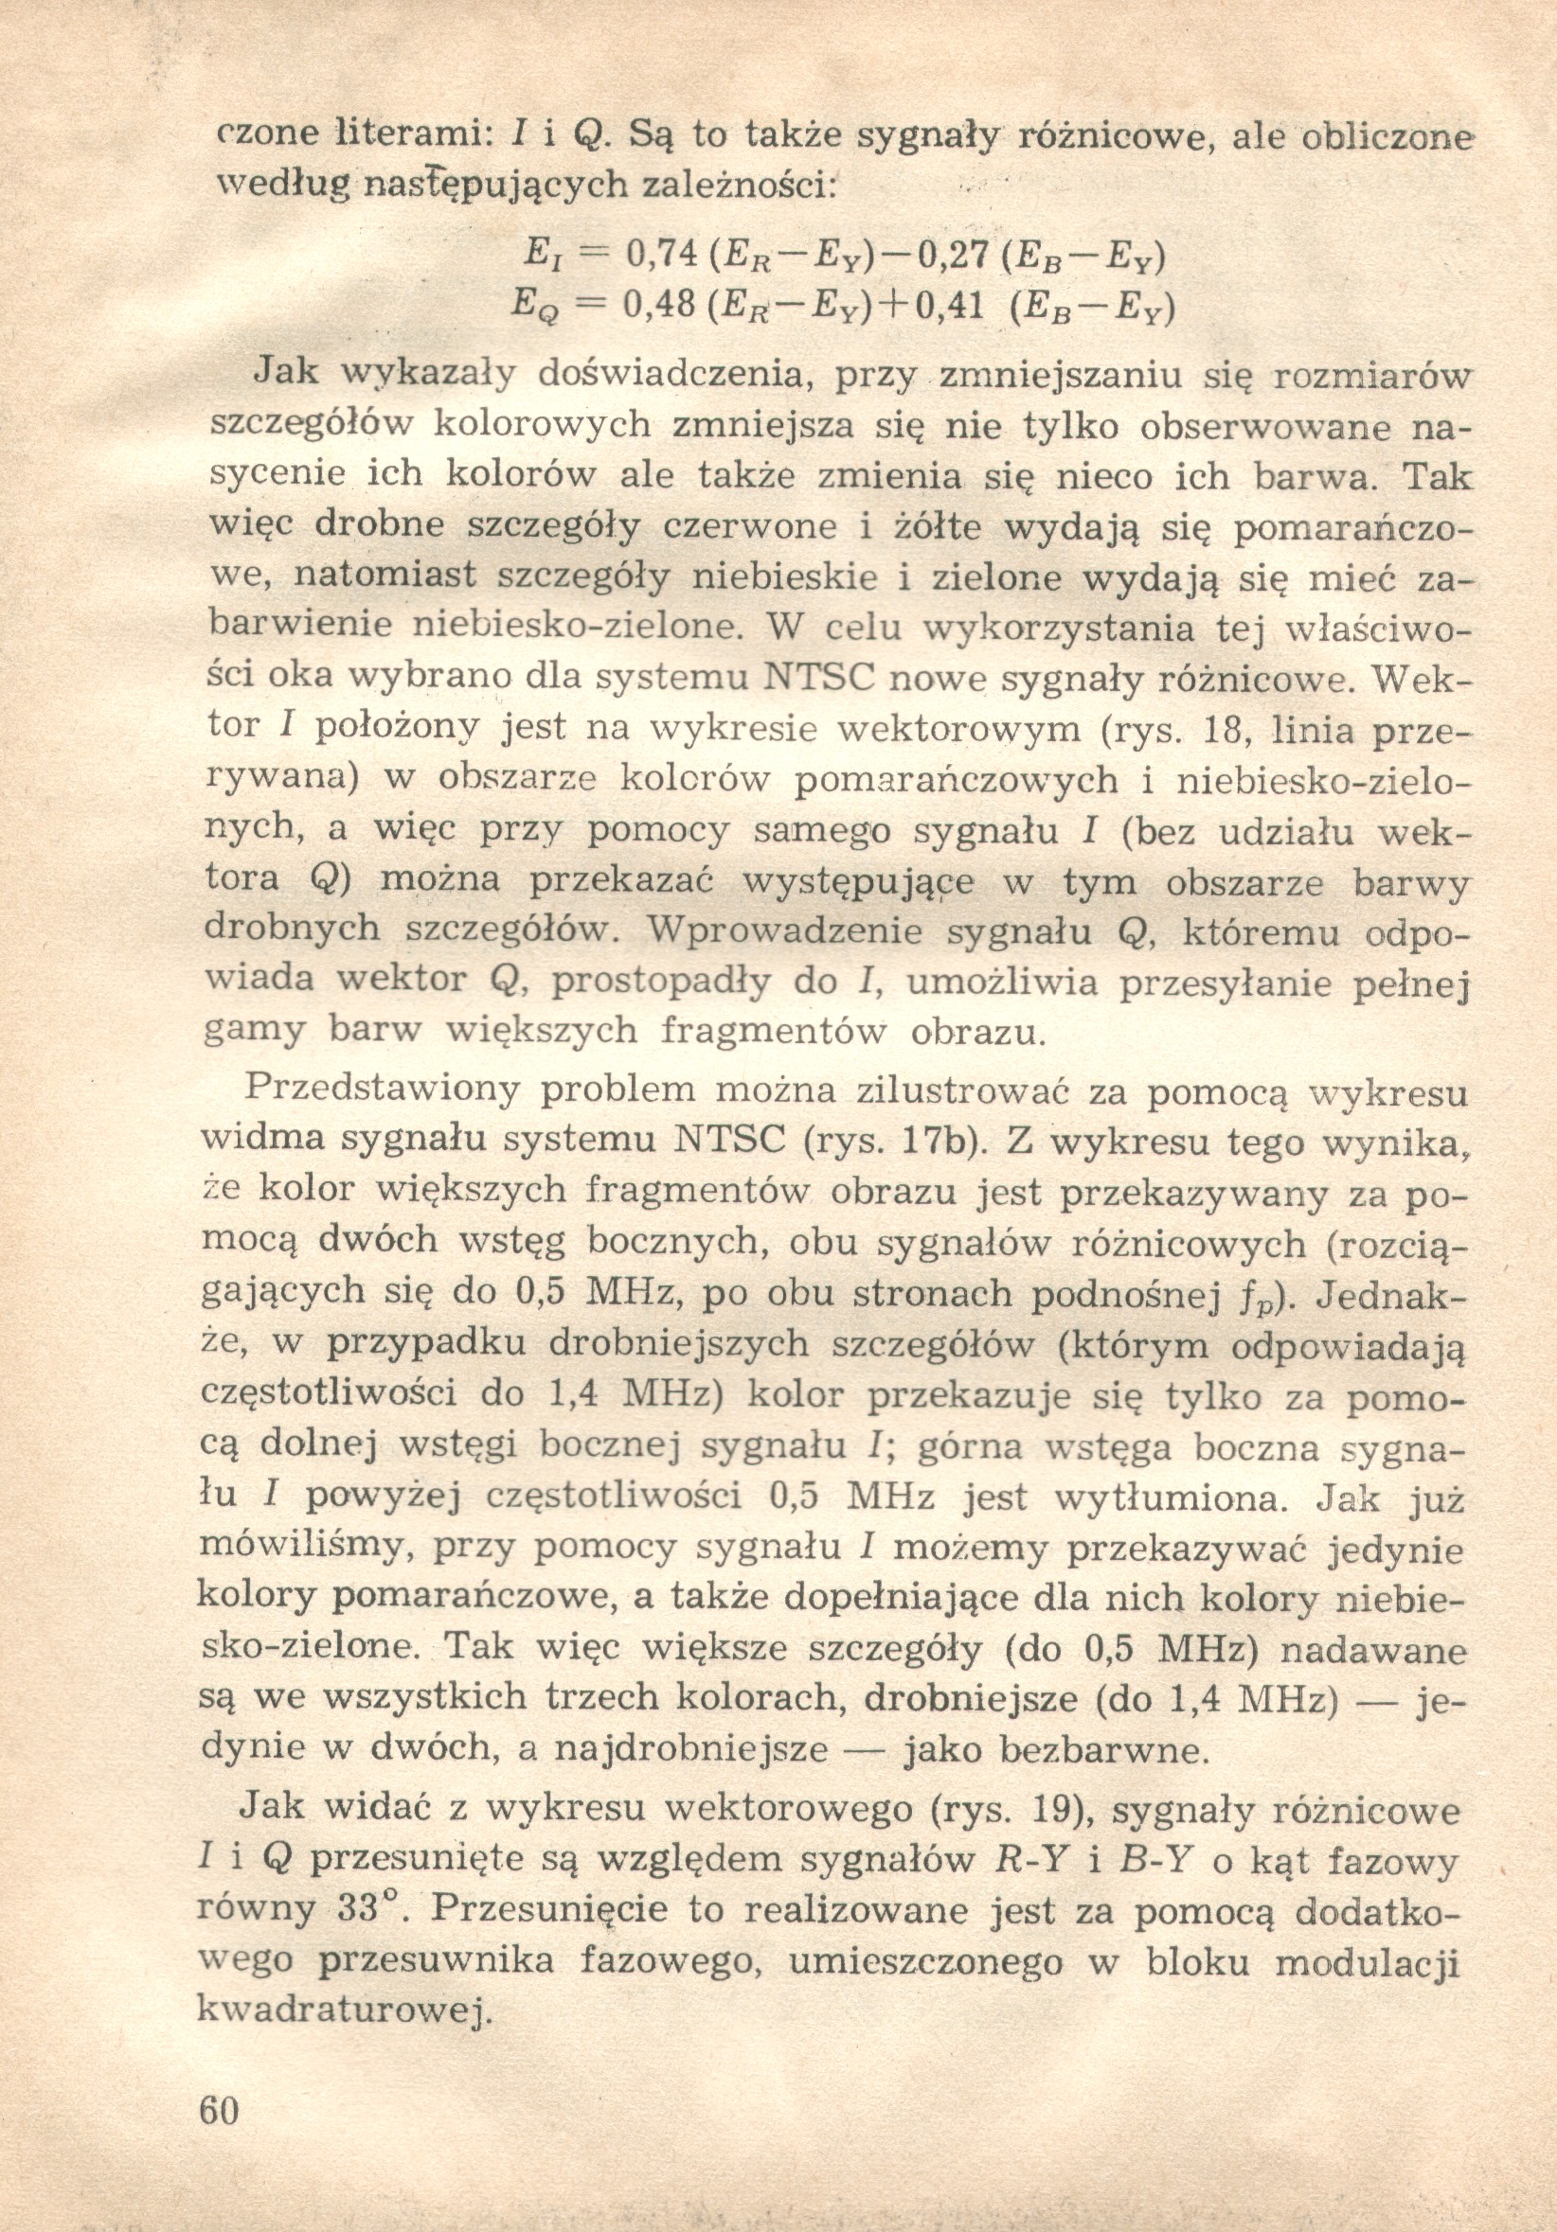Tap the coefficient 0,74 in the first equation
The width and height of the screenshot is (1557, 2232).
(663, 256)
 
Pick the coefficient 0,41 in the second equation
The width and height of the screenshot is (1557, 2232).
(950, 309)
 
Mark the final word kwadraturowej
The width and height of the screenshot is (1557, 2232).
(339, 2009)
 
